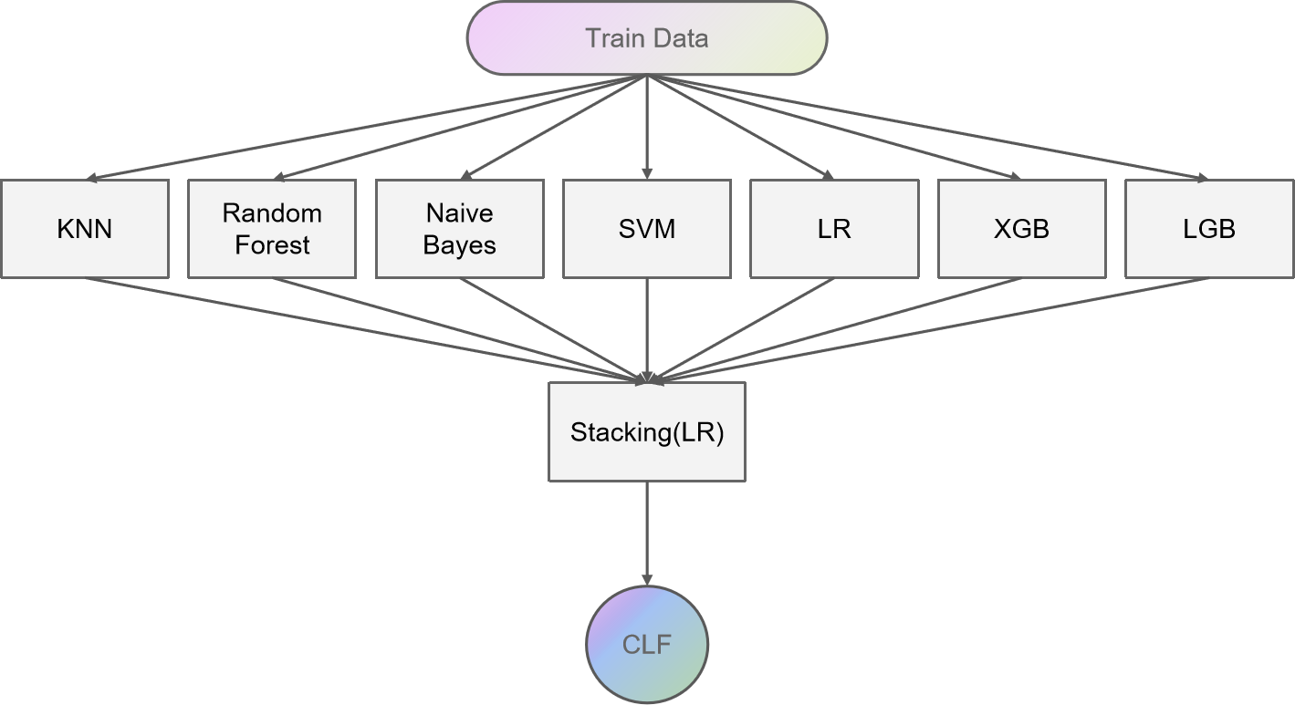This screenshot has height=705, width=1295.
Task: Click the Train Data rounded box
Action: pyautogui.click(x=646, y=38)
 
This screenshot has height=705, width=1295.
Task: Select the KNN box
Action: pyautogui.click(x=85, y=228)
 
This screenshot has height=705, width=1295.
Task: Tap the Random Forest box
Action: pyautogui.click(x=272, y=228)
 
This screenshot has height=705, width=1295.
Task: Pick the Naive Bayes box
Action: pyautogui.click(x=459, y=228)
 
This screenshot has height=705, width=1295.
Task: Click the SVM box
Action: pyautogui.click(x=646, y=228)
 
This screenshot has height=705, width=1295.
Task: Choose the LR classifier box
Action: pyautogui.click(x=834, y=228)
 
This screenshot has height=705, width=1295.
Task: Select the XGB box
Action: pyautogui.click(x=1021, y=228)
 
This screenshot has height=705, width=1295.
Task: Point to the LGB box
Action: pyautogui.click(x=1208, y=228)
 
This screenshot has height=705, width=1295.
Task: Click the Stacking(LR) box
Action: pyautogui.click(x=646, y=431)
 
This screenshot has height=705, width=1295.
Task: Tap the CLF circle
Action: pyautogui.click(x=646, y=645)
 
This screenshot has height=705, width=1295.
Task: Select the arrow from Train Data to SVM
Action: pyautogui.click(x=646, y=128)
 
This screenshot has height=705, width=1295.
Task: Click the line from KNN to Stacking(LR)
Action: pyautogui.click(x=365, y=328)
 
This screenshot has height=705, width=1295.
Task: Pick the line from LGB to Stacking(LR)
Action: pyautogui.click(x=928, y=328)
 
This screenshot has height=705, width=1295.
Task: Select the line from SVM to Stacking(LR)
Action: pyautogui.click(x=646, y=328)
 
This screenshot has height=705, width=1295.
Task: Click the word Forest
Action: pyautogui.click(x=272, y=244)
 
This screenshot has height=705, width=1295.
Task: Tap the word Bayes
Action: pyautogui.click(x=459, y=244)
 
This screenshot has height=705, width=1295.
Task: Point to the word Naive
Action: pyautogui.click(x=459, y=213)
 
